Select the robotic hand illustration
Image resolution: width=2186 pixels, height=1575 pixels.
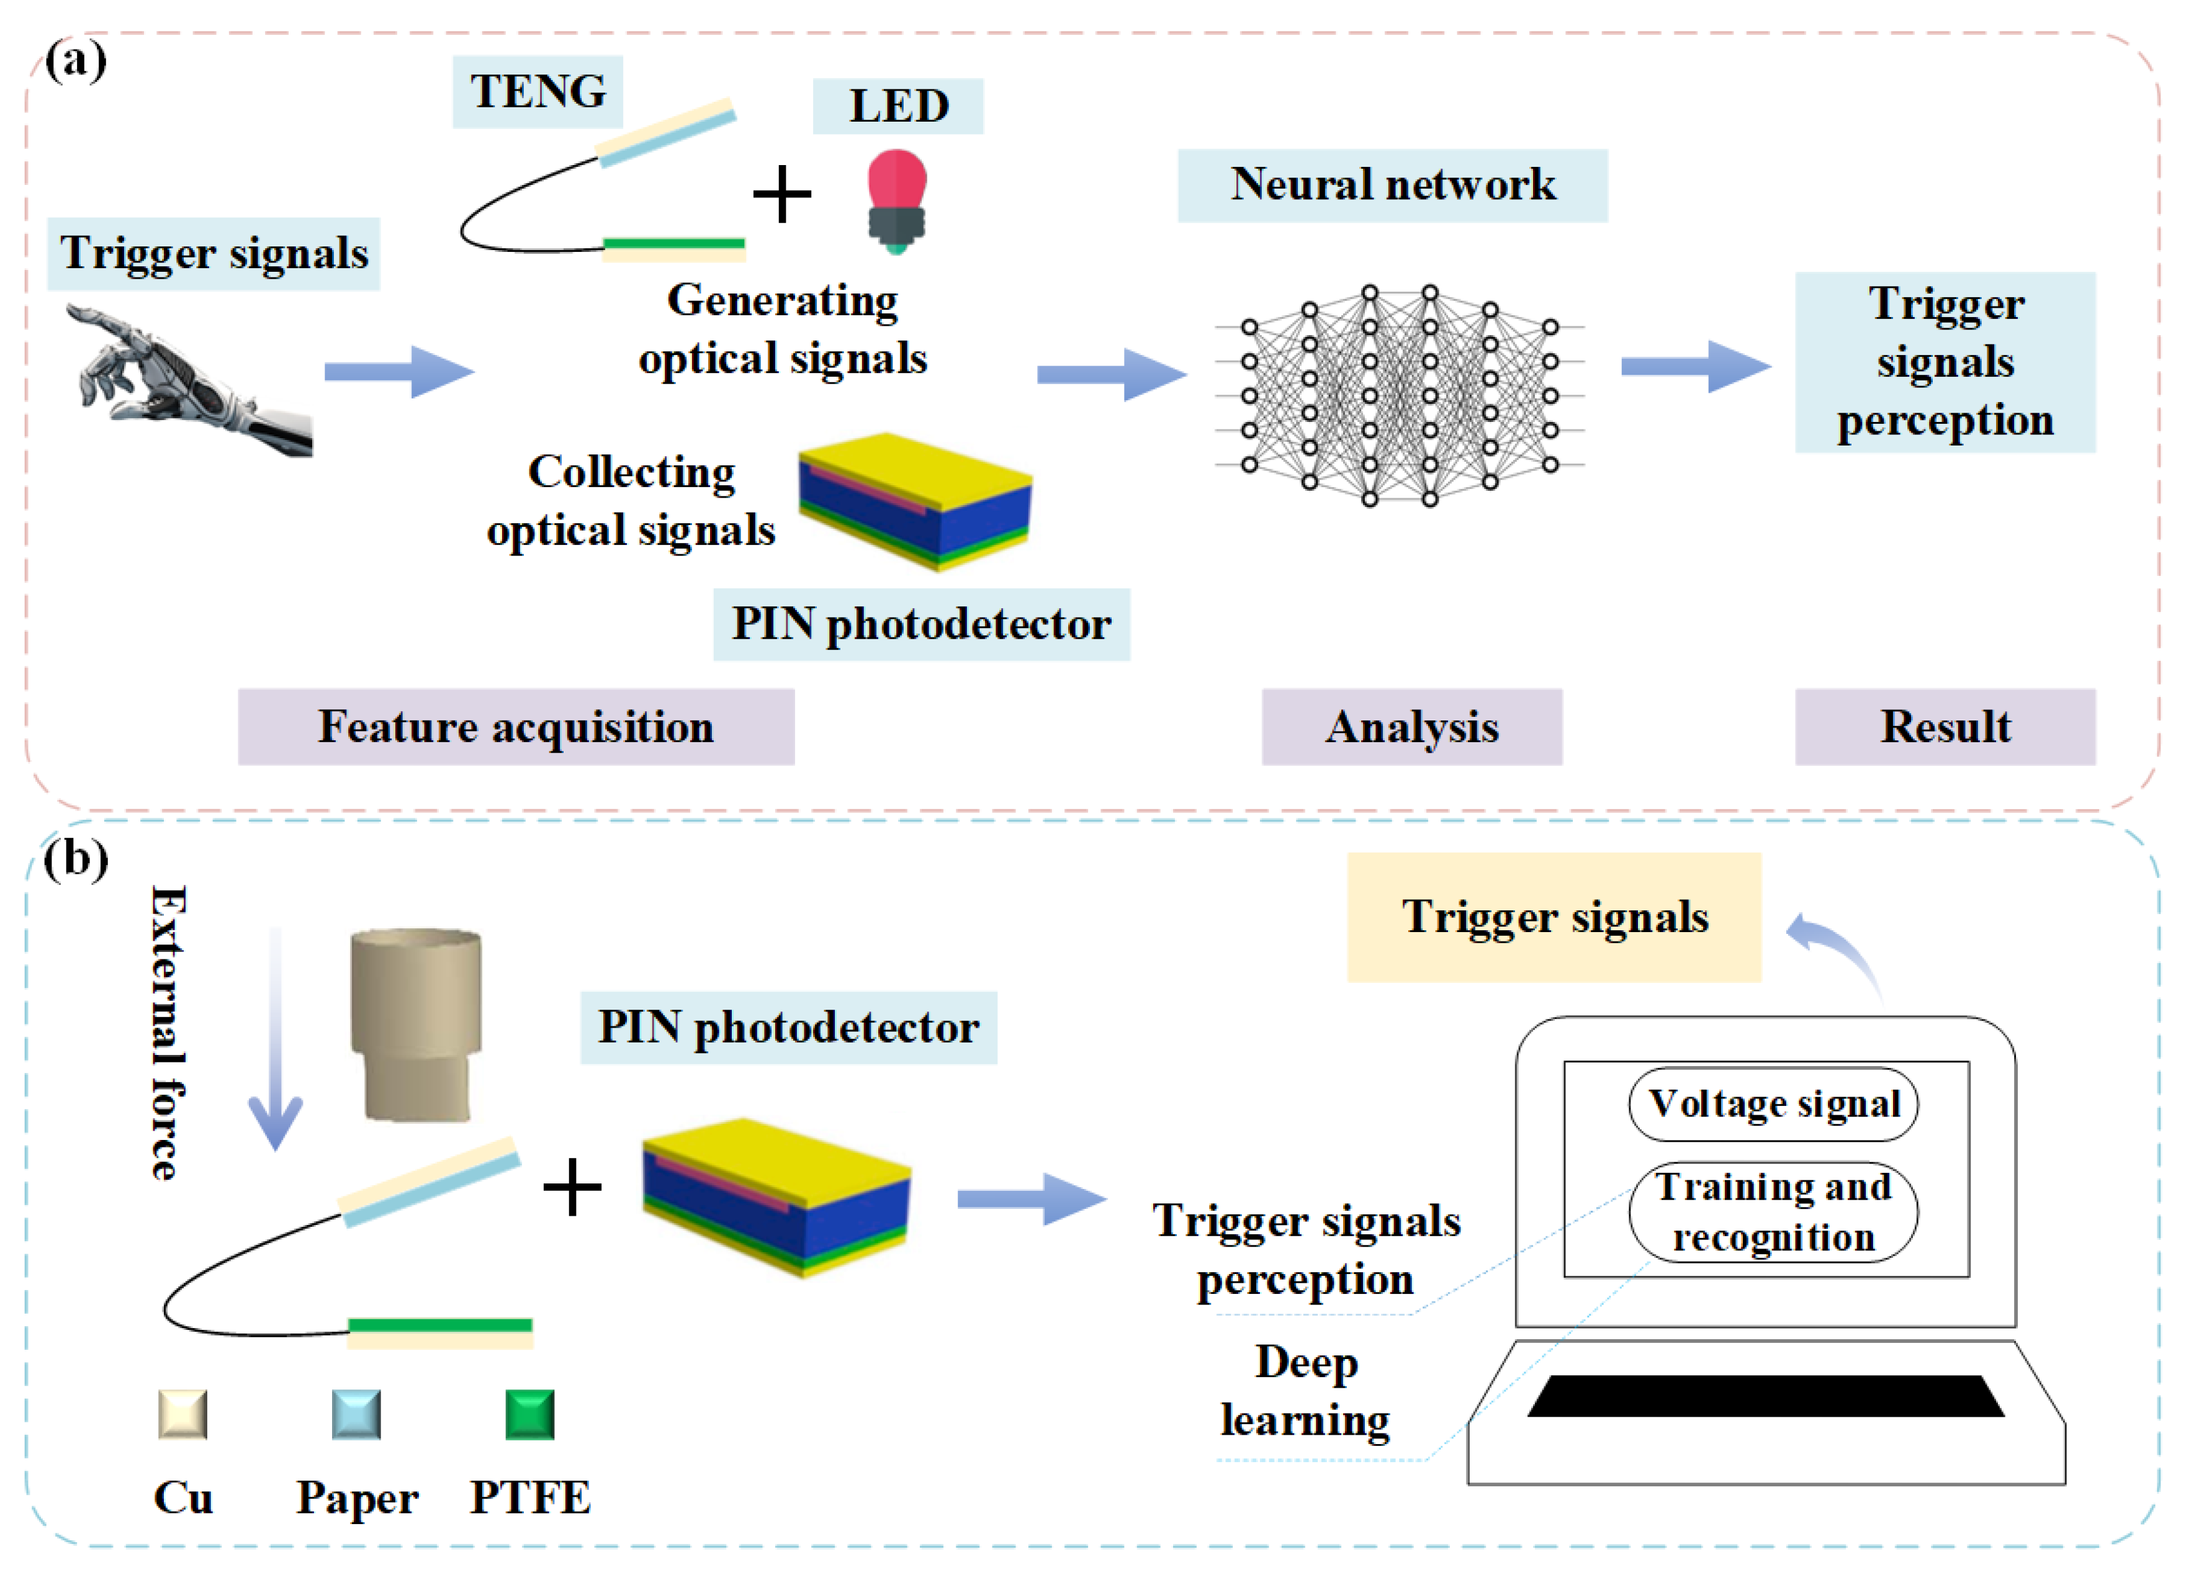click(188, 381)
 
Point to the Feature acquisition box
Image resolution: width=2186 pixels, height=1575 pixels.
click(516, 727)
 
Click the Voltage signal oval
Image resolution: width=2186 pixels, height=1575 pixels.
click(1773, 1103)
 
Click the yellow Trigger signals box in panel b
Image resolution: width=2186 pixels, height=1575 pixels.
click(1554, 917)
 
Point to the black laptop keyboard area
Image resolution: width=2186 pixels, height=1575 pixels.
click(1766, 1396)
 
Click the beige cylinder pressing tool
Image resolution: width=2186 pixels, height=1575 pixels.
click(415, 1024)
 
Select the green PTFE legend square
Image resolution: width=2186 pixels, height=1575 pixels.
click(529, 1414)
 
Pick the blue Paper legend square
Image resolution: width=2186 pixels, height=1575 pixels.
click(356, 1414)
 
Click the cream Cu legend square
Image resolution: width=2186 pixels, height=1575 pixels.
click(182, 1414)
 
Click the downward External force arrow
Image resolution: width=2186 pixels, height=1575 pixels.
click(276, 1041)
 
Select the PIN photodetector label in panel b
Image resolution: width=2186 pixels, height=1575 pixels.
click(788, 1028)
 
